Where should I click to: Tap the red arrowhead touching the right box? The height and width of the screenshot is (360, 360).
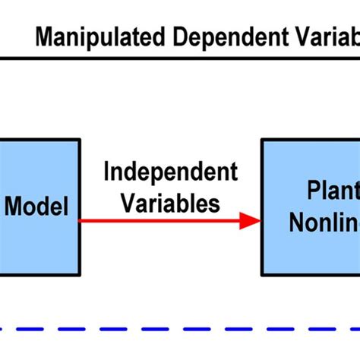tap(251, 221)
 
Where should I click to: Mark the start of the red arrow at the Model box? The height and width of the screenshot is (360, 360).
tap(82, 221)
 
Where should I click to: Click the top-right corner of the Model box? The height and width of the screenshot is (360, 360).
tap(80, 140)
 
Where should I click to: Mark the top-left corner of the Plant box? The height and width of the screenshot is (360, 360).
tap(262, 140)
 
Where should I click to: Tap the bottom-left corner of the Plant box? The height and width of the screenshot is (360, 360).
tap(262, 274)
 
